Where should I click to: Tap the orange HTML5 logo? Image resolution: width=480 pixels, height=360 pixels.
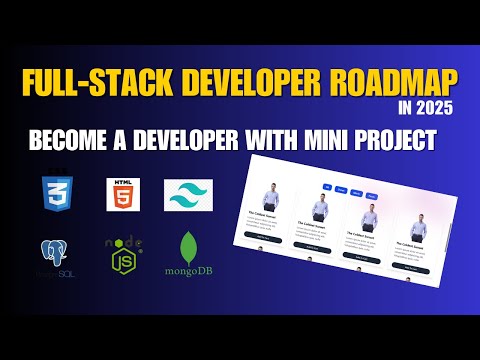tap(124, 193)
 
